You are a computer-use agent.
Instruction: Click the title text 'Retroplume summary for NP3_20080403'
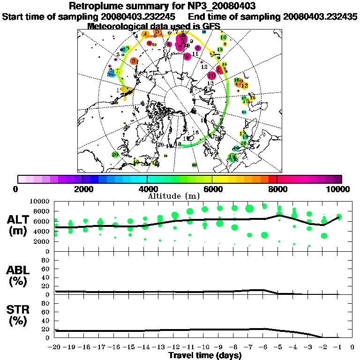click(x=180, y=6)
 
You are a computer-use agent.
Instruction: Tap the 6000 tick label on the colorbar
click(x=212, y=189)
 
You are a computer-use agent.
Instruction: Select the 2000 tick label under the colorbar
click(x=82, y=189)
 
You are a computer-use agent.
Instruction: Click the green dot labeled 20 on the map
click(x=115, y=155)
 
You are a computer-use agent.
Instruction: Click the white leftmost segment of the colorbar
click(x=22, y=179)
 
